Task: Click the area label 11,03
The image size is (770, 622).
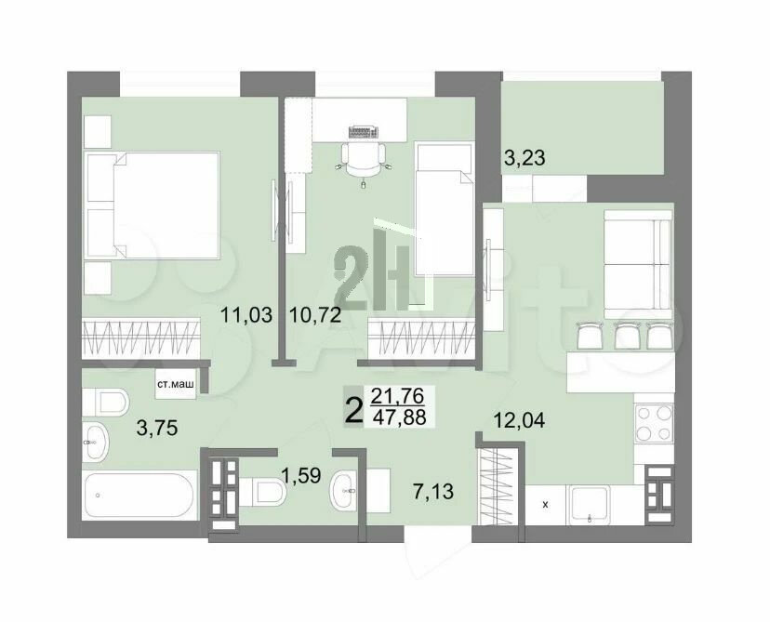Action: tap(246, 314)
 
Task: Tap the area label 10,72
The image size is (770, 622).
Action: tap(315, 314)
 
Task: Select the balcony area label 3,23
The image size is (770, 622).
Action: tap(524, 158)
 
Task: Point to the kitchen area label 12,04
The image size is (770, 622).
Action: tap(519, 420)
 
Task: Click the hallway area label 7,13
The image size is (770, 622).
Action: tap(433, 491)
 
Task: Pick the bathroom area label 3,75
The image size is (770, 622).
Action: tap(157, 428)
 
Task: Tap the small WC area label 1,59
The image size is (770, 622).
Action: tap(301, 475)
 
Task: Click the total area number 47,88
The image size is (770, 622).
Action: tap(399, 417)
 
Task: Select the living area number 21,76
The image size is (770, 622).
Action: tap(397, 395)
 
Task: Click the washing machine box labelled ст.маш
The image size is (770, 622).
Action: tap(175, 383)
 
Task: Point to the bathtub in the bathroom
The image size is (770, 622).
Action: tap(140, 495)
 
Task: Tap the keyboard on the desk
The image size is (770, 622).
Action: tap(364, 132)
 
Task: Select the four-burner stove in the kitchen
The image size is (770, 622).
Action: tap(653, 422)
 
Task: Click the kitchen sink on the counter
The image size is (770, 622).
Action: tap(590, 505)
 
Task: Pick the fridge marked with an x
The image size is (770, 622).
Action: tap(545, 504)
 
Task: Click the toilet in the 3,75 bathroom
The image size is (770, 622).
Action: tap(106, 401)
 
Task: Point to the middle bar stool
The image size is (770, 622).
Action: tap(626, 336)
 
